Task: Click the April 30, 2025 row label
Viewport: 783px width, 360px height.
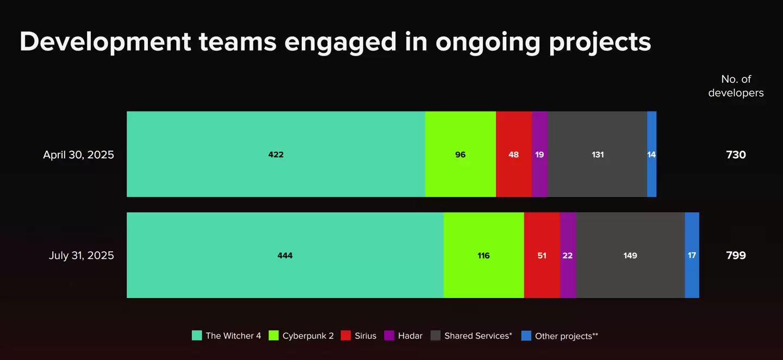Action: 78,154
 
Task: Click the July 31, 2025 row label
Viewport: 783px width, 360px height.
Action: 81,255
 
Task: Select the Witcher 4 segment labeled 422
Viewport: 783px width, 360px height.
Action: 276,154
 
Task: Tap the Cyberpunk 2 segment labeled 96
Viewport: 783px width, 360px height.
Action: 461,154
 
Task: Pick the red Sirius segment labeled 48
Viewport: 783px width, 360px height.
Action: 514,154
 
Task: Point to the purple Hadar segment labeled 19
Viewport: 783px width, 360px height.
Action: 540,154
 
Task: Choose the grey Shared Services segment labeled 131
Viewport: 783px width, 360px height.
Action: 598,154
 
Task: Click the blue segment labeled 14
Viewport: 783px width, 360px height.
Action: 651,154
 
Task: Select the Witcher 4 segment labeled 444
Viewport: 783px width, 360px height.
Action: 285,255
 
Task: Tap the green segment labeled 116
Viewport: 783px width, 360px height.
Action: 484,255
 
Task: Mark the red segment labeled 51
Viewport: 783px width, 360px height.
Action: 542,255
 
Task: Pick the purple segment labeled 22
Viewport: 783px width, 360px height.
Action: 568,255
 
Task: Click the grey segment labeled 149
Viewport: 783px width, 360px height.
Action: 630,255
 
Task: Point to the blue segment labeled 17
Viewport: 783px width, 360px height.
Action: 692,255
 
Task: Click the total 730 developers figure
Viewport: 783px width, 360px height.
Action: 736,154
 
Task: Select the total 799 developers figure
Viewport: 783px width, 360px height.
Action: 736,255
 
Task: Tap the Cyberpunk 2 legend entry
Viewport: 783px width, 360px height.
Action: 301,336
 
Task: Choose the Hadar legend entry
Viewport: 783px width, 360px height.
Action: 403,336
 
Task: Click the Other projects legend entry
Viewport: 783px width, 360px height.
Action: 560,336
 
